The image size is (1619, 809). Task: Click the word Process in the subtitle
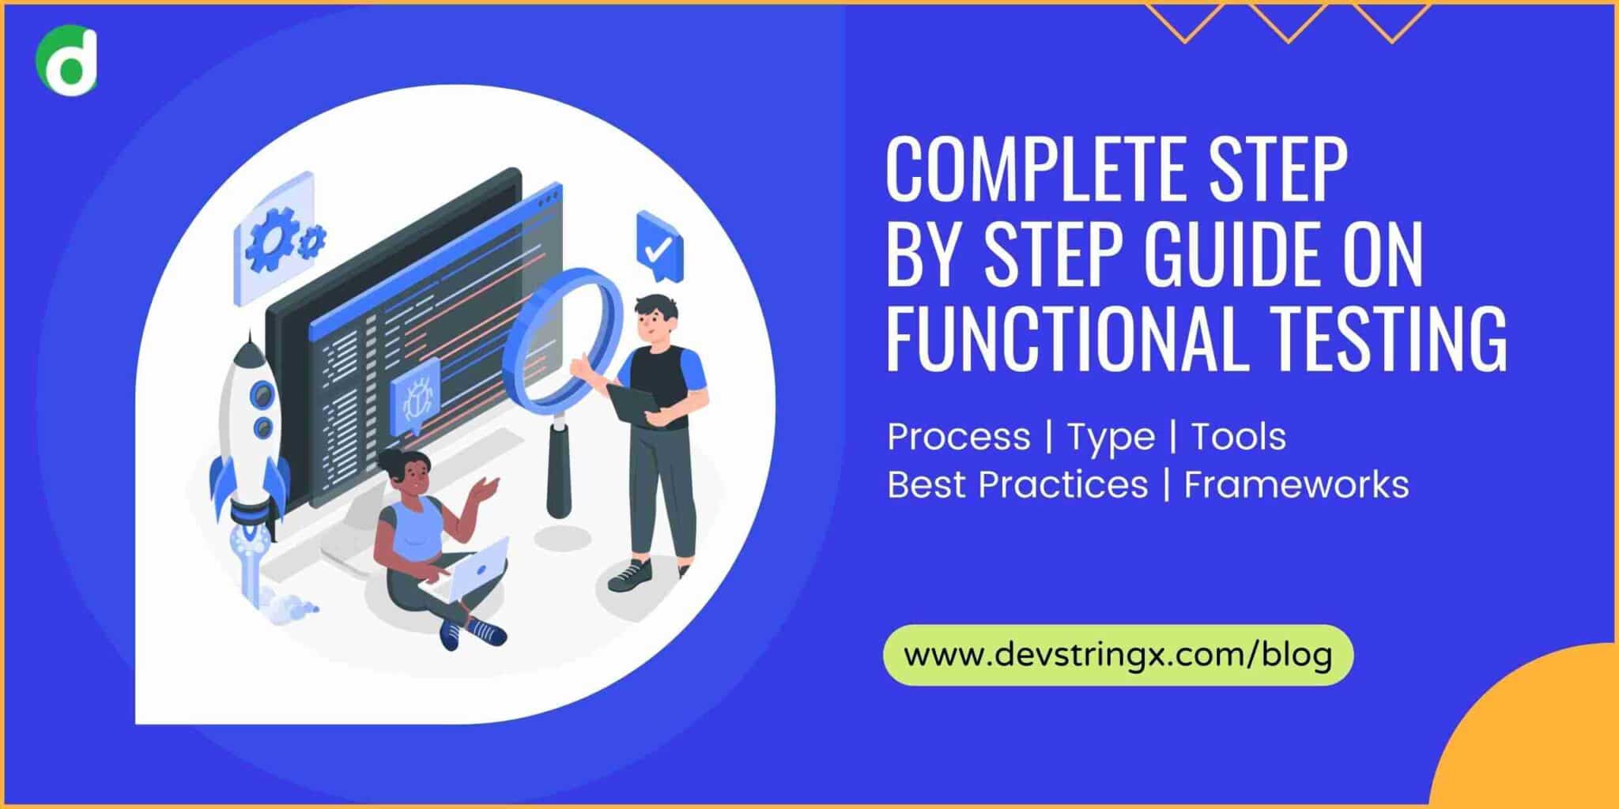[958, 437]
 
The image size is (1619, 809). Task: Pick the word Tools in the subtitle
[1238, 437]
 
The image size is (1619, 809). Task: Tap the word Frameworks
[1296, 484]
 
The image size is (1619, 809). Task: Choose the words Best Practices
[1017, 484]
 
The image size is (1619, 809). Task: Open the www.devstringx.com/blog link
[1118, 655]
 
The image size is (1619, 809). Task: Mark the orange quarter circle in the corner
[1542, 735]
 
